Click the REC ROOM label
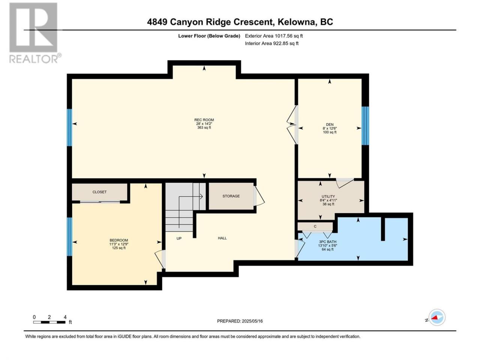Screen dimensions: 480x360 click(204, 120)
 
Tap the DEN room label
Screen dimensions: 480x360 click(330, 124)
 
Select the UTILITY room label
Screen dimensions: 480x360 click(328, 196)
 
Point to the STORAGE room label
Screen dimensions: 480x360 click(231, 196)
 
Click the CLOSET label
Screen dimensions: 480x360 click(99, 192)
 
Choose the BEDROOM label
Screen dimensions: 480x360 click(119, 240)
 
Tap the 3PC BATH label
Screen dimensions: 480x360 click(328, 242)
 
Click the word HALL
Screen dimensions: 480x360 click(222, 238)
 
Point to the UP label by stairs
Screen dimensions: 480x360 click(179, 238)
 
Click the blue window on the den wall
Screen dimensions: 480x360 click(365, 126)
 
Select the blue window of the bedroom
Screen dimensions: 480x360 click(69, 237)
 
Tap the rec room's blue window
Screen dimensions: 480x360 click(69, 127)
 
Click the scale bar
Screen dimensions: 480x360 click(49, 322)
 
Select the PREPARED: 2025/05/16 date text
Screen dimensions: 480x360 click(240, 321)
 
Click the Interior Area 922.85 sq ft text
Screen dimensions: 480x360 click(271, 43)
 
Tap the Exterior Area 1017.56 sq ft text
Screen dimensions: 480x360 click(274, 36)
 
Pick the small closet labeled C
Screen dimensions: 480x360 click(315, 226)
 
